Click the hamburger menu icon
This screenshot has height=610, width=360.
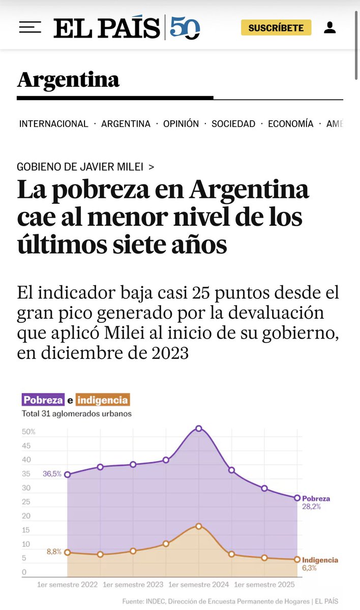(x=29, y=27)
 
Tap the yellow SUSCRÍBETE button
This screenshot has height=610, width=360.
(x=276, y=27)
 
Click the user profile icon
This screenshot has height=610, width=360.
(x=329, y=27)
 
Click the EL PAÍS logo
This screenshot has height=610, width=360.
(x=107, y=27)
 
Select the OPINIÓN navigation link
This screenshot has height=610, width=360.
(x=181, y=124)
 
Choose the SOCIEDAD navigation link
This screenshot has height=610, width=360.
(x=233, y=124)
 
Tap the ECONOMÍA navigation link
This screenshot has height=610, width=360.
(x=291, y=124)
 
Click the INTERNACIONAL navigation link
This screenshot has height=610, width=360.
(x=54, y=124)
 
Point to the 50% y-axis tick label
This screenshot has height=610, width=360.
(x=28, y=432)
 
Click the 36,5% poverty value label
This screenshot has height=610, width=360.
(x=52, y=474)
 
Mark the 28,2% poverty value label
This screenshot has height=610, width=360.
(x=311, y=507)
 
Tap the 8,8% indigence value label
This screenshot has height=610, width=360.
(x=53, y=552)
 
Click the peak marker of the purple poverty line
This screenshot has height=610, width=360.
(x=199, y=429)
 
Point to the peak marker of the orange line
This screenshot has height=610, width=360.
(x=199, y=526)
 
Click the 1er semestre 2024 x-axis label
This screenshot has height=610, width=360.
(x=199, y=585)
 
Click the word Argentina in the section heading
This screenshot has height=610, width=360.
(x=68, y=79)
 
